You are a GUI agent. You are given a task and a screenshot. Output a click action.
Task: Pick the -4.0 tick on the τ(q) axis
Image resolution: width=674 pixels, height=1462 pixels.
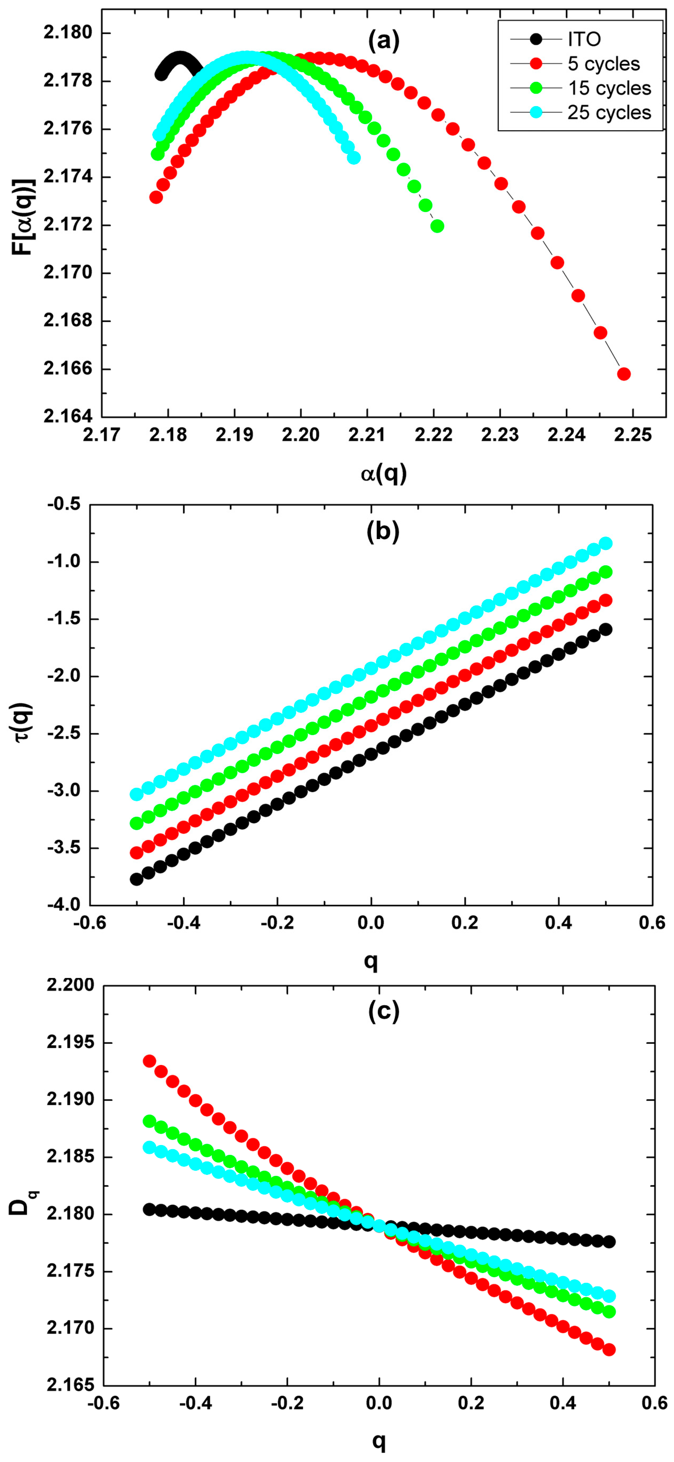coord(65,905)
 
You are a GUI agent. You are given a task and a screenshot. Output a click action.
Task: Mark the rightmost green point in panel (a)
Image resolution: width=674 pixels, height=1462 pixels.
coord(437,226)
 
